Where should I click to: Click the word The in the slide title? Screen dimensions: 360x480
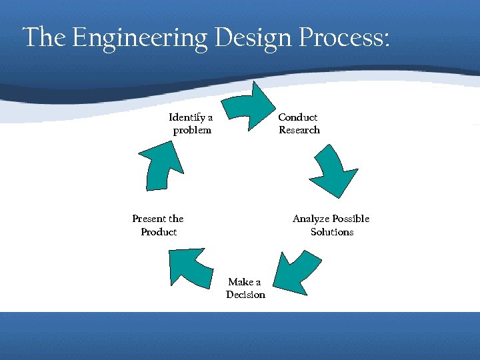[45, 38]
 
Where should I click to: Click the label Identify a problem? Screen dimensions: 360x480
[191, 124]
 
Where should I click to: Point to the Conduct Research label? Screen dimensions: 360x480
[299, 124]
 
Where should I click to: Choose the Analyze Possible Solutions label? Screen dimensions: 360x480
[331, 225]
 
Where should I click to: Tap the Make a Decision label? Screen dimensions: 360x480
[245, 289]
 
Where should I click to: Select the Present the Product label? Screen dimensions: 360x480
[158, 225]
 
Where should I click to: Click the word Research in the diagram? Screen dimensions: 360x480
[299, 130]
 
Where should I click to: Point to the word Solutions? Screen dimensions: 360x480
[332, 232]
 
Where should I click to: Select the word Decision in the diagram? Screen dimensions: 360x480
[245, 295]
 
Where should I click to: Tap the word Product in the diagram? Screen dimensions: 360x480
[159, 232]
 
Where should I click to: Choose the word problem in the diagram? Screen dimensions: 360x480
[192, 130]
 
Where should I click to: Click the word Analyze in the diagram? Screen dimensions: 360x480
[311, 219]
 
